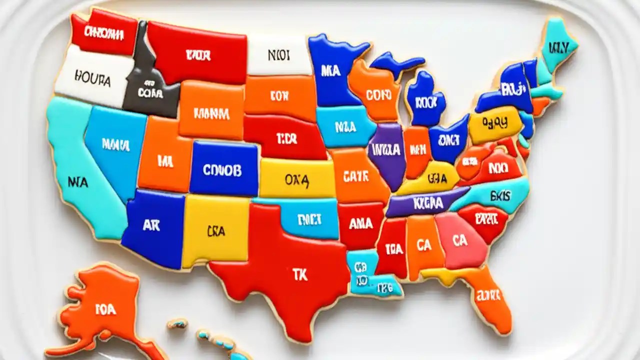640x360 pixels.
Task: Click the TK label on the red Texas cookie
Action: [x=300, y=274]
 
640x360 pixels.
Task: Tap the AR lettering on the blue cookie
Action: [x=151, y=225]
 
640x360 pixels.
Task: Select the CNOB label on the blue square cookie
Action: [x=222, y=170]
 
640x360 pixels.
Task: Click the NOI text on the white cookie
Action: [x=278, y=55]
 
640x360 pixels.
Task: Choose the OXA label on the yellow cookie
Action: [x=297, y=179]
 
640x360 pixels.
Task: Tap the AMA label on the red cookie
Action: [x=360, y=223]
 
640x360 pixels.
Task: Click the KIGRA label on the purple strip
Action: [x=428, y=203]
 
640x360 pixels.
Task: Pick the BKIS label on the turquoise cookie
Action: [x=500, y=195]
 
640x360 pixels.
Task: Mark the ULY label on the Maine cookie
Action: [x=558, y=48]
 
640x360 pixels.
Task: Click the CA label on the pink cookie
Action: [x=459, y=240]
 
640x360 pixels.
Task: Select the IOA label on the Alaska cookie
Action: [x=105, y=309]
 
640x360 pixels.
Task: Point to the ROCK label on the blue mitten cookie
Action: [x=426, y=102]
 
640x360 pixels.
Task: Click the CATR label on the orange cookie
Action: [x=356, y=176]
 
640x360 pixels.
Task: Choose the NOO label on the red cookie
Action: [x=498, y=168]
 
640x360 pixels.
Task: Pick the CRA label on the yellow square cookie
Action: [x=215, y=231]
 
